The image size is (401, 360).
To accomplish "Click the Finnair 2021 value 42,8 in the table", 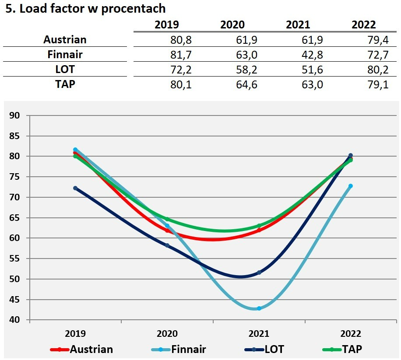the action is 312,55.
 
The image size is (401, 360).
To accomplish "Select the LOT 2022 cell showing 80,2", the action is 378,70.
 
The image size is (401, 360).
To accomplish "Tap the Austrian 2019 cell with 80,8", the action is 181,40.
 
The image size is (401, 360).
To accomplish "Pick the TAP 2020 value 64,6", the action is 246,84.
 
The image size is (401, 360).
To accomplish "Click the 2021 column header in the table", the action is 298,25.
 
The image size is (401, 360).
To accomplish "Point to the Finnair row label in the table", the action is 65,54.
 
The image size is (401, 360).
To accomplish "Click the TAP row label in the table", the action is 65,84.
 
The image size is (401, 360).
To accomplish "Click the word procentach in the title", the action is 133,9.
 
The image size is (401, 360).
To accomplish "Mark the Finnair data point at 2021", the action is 259,308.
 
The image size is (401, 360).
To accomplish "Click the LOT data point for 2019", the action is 75,188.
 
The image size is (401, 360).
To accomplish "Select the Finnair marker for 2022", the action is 350,186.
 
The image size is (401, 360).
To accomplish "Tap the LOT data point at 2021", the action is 259,273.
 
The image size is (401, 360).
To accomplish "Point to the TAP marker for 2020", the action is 167,219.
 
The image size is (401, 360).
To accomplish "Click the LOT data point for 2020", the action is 167,245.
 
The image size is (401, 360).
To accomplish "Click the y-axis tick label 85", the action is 14,136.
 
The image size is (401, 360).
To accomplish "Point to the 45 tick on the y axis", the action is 14,300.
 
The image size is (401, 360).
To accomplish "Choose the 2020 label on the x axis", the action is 167,333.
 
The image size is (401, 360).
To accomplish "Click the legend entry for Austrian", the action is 81,349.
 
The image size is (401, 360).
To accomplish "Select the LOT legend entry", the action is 264,349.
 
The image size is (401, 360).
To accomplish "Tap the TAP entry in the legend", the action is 342,349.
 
